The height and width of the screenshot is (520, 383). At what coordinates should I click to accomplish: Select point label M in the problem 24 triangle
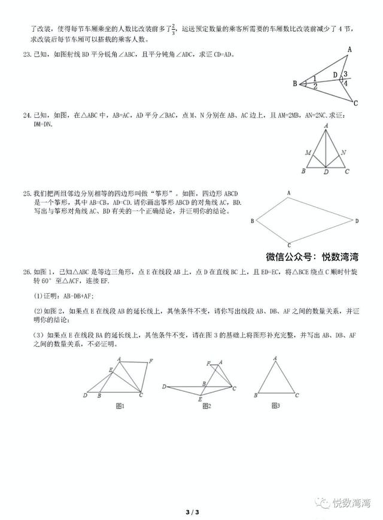(x=308, y=153)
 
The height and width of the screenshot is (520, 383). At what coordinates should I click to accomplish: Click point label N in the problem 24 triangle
(x=344, y=153)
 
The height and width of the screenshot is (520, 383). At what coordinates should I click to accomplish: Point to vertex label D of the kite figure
(x=357, y=221)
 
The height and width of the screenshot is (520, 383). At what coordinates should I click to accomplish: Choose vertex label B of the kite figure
(x=236, y=221)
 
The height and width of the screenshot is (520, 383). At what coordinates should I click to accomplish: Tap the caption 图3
(x=275, y=406)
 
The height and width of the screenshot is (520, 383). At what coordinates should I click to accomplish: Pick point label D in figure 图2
(x=164, y=387)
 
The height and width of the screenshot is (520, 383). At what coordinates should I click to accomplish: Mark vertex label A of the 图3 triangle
(x=275, y=359)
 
